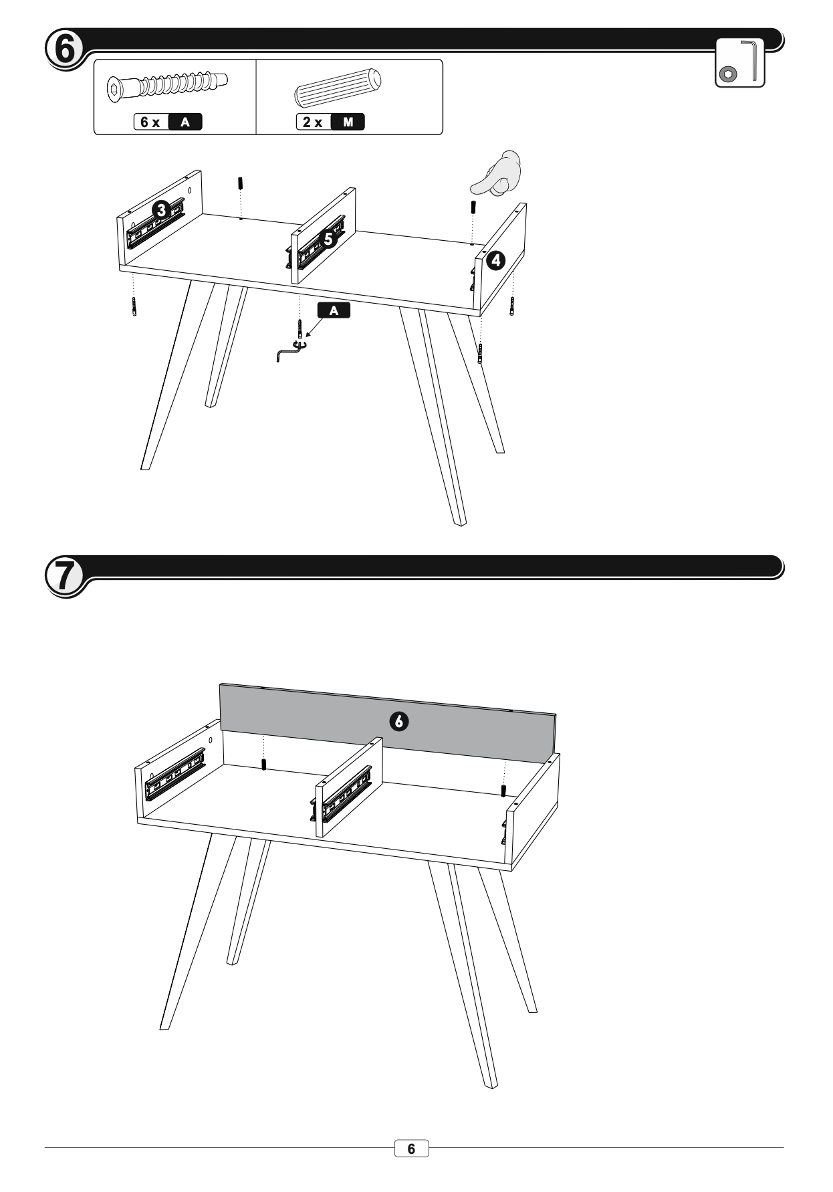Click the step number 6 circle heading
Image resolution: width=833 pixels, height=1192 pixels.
[x=64, y=49]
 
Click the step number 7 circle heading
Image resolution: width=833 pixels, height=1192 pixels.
[x=64, y=575]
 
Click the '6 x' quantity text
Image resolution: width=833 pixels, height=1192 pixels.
[x=150, y=122]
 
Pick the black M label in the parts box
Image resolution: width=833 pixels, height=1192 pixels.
[x=348, y=122]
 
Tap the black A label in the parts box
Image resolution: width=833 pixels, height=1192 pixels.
[x=185, y=122]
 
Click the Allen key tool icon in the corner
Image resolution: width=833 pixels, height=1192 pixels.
[x=740, y=63]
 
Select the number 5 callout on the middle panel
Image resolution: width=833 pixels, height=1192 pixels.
[x=328, y=237]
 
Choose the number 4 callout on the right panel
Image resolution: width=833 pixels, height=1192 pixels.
[x=495, y=261]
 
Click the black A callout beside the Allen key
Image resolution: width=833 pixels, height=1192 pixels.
[x=334, y=310]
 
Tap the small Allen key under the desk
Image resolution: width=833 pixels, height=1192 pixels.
[x=289, y=349]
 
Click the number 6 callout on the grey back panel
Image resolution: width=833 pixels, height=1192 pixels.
[x=399, y=721]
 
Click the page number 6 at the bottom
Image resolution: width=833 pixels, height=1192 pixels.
[x=411, y=1149]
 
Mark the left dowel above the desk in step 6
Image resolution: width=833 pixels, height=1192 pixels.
[x=240, y=183]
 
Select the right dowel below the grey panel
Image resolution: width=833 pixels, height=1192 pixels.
[x=503, y=789]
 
